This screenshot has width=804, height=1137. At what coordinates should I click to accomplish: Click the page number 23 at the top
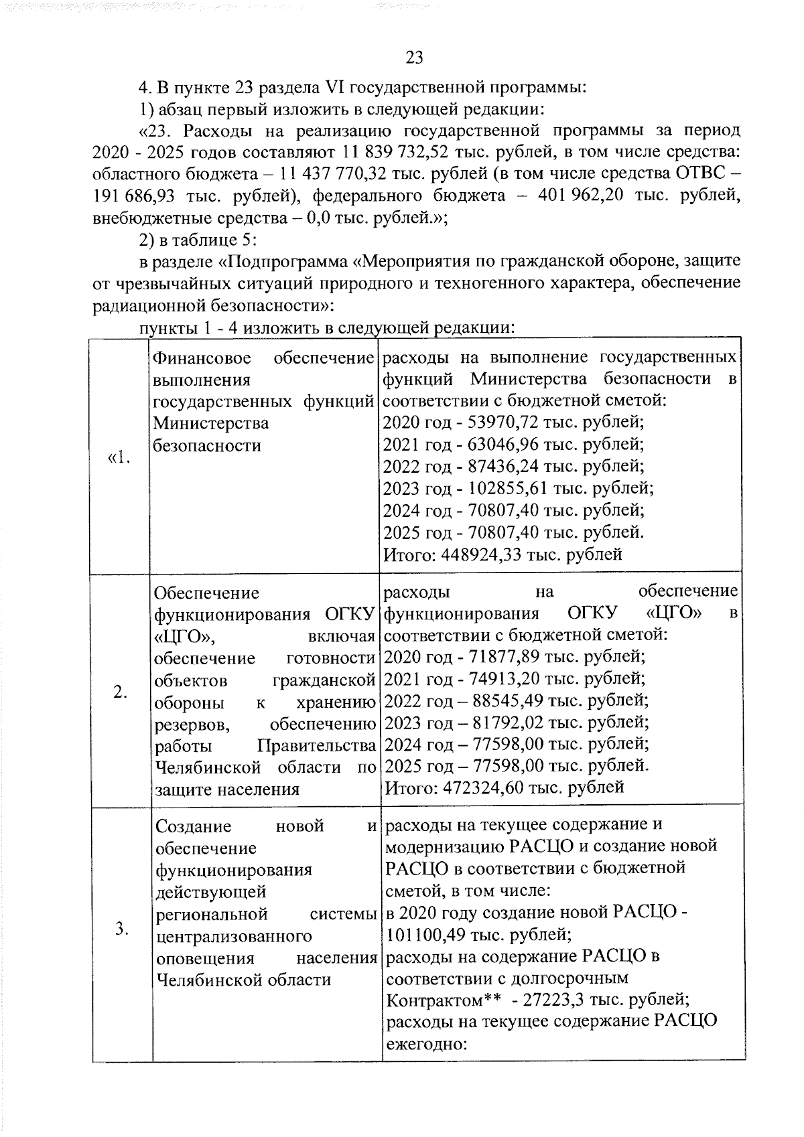414,58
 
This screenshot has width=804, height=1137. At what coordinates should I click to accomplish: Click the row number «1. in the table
119,459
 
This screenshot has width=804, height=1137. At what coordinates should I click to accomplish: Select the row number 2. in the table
121,692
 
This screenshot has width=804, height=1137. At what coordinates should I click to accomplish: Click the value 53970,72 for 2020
503,423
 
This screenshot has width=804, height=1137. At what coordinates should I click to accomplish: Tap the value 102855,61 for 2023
507,488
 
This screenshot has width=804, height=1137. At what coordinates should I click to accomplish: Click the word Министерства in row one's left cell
211,423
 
